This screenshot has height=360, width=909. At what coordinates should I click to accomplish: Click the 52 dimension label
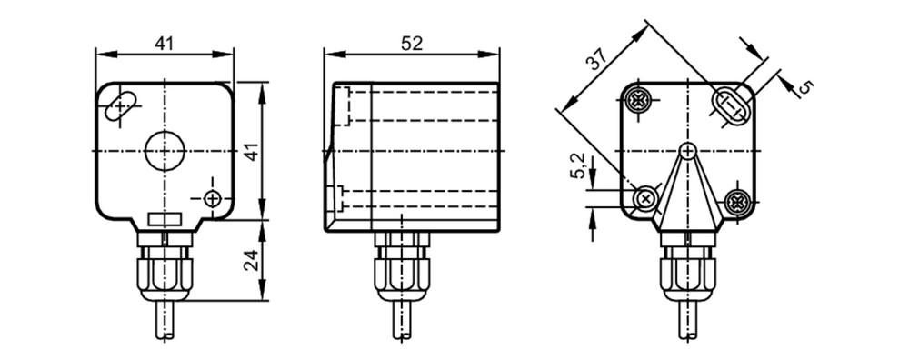(x=412, y=43)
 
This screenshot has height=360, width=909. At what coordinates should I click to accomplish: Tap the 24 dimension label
(x=251, y=262)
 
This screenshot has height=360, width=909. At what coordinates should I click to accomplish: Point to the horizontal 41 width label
(x=164, y=43)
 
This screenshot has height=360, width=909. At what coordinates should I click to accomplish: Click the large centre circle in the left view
(x=165, y=151)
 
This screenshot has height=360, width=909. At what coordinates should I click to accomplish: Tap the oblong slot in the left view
(x=122, y=106)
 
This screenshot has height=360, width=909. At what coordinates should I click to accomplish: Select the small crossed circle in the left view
(x=214, y=199)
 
